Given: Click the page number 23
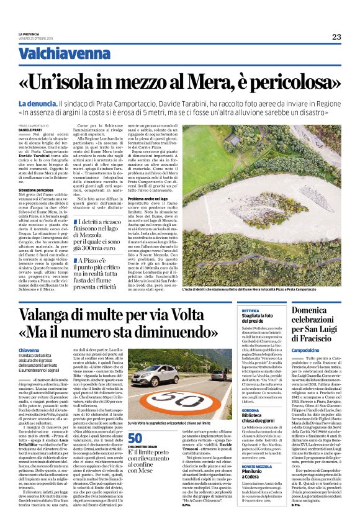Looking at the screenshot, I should [336, 37].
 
